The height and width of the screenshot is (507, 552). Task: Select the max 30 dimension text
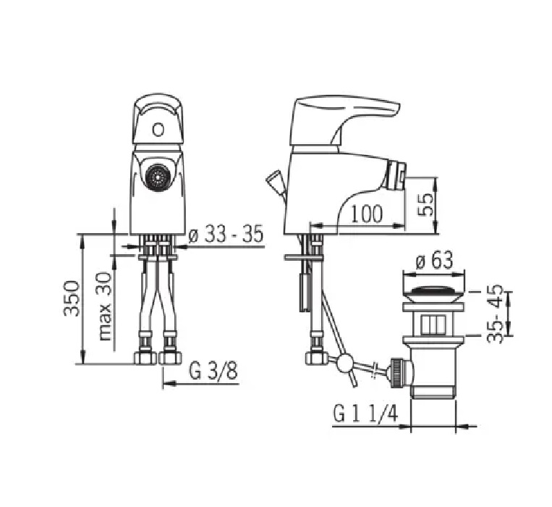[105, 306]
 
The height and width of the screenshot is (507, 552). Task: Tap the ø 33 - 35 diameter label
[226, 234]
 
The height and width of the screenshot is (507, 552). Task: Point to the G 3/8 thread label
[213, 371]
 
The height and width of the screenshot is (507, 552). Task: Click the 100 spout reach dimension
[367, 214]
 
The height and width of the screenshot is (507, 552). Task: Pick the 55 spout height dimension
[425, 205]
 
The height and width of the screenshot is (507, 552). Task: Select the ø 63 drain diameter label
[434, 260]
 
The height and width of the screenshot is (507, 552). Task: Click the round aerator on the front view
[156, 175]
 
